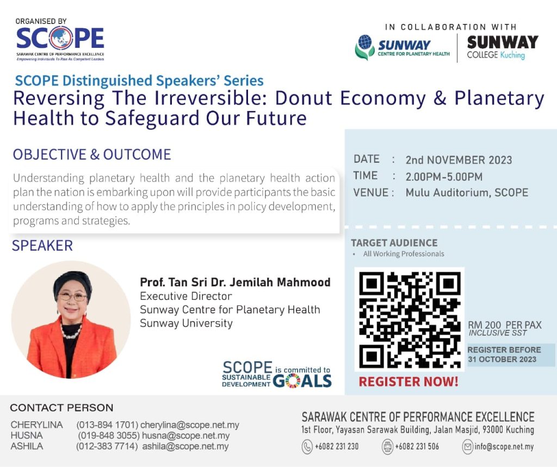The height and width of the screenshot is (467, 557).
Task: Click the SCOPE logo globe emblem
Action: pos(61,38)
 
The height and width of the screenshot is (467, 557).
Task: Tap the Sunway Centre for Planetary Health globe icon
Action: pos(364,42)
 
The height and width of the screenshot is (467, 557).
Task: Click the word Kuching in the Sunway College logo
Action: pos(512,55)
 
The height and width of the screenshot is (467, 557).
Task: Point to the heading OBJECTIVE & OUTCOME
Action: pos(92,155)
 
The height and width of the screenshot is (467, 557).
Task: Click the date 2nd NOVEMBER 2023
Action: pos(459,160)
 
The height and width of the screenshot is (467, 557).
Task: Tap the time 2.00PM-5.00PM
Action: pos(444,177)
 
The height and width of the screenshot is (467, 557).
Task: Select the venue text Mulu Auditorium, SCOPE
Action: pos(467,193)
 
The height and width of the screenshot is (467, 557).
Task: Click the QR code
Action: pos(410,319)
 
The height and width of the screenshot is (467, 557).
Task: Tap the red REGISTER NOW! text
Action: pos(409,382)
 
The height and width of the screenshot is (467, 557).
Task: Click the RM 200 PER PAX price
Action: pos(504,325)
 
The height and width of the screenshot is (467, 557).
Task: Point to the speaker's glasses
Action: pos(72,297)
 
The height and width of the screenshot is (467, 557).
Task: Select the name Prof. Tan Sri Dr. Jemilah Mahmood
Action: pos(235,282)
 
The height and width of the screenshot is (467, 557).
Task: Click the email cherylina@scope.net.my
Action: pos(190,425)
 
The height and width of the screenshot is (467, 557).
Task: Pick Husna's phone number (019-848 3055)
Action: pos(109,436)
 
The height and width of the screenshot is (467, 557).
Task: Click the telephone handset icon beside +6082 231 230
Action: pos(307,446)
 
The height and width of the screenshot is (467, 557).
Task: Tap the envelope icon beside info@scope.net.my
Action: pos(467,446)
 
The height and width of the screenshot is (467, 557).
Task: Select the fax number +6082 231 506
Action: pos(417,446)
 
